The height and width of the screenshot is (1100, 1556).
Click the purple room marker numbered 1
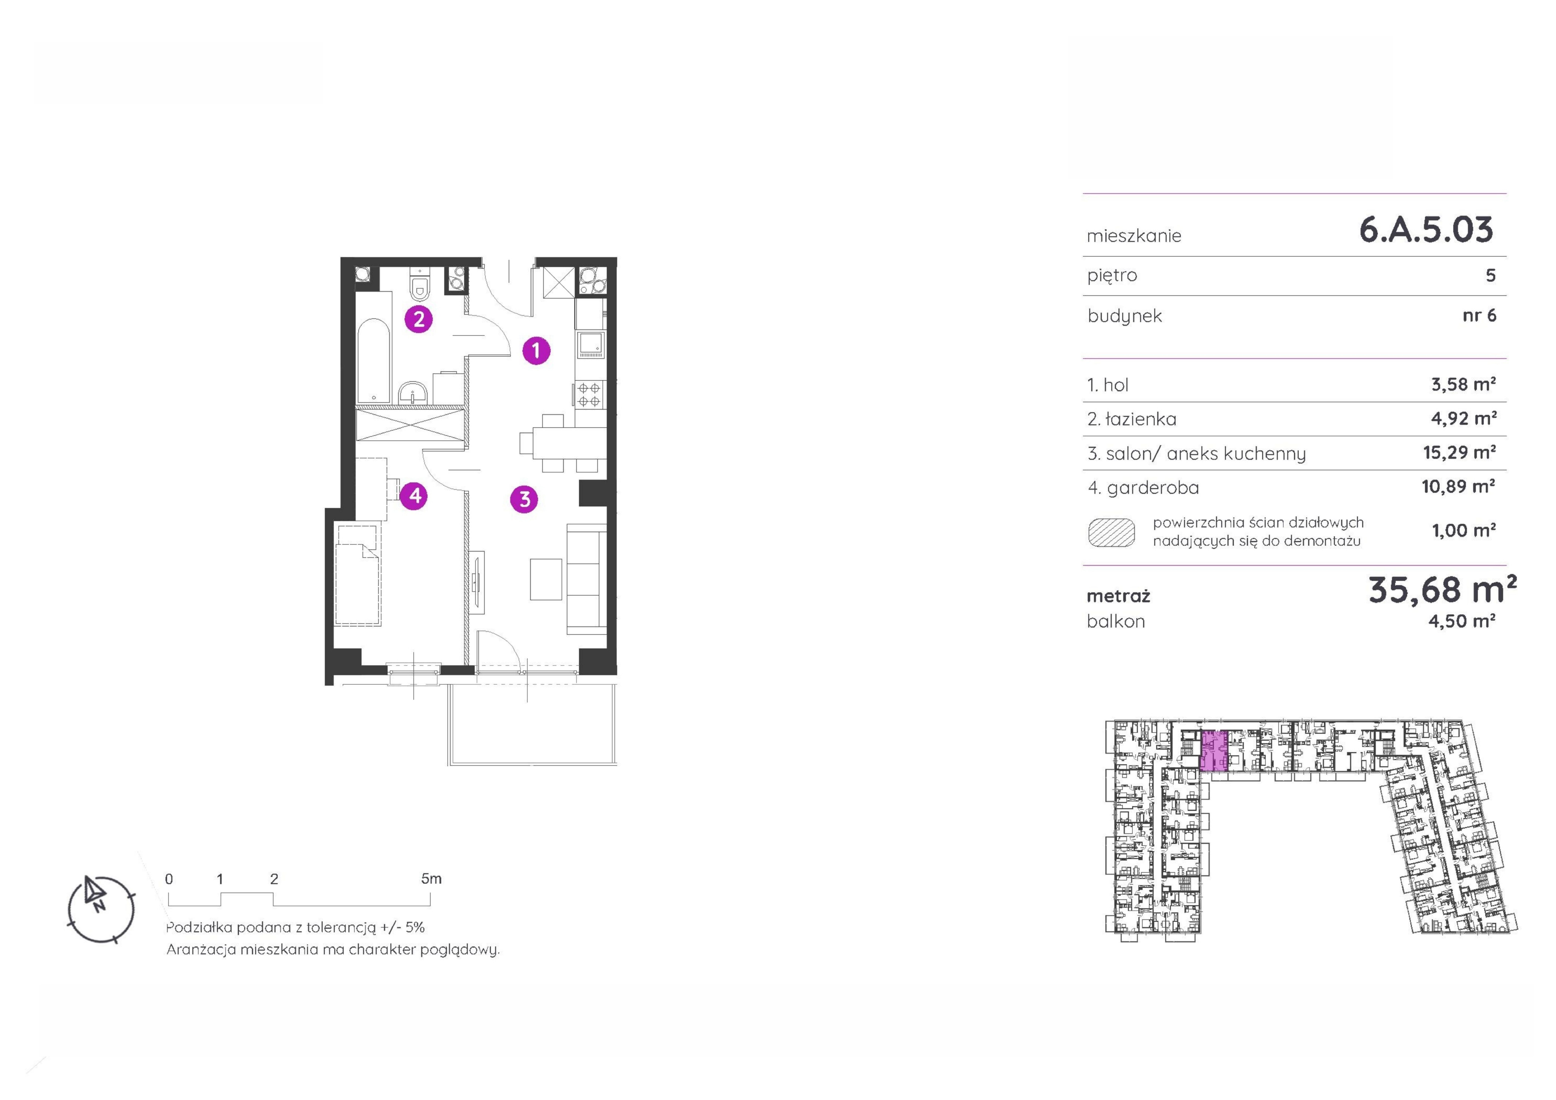[x=536, y=350]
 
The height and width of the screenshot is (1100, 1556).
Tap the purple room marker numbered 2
[x=419, y=319]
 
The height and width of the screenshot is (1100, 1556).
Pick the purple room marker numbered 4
[x=414, y=495]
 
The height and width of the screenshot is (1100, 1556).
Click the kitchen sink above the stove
[x=590, y=344]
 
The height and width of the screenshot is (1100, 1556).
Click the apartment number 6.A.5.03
[x=1426, y=230]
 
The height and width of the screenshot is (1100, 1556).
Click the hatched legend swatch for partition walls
[x=1111, y=532]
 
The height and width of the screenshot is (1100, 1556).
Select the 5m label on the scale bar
[x=431, y=879]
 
